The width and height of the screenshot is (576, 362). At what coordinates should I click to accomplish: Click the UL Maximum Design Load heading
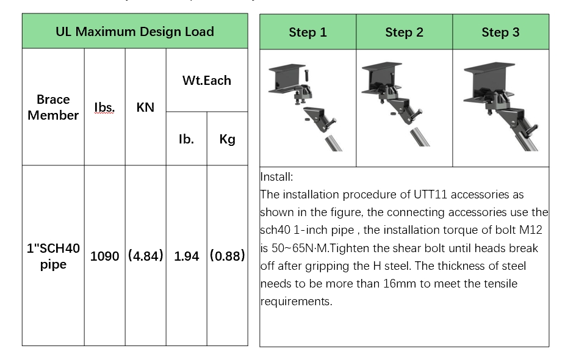tap(135, 32)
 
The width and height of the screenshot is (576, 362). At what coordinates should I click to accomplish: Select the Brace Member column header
tap(53, 107)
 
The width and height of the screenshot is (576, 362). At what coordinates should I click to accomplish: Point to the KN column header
tap(145, 107)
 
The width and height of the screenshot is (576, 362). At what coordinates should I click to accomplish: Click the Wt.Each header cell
tap(207, 81)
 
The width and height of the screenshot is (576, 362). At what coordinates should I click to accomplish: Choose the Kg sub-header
tap(227, 139)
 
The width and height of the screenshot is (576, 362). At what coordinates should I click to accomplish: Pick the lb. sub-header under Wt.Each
tap(186, 139)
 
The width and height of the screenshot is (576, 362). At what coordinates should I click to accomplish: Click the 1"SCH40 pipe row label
tap(53, 256)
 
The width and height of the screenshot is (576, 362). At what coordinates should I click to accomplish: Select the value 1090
tap(104, 256)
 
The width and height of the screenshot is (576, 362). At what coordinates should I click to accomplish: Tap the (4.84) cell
tap(145, 256)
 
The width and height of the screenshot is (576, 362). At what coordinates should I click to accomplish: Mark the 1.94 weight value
tap(186, 256)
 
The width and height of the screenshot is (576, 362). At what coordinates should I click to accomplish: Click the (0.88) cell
tap(227, 256)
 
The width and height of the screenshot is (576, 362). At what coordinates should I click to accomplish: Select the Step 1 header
tap(308, 32)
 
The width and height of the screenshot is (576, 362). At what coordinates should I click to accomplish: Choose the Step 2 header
tap(404, 32)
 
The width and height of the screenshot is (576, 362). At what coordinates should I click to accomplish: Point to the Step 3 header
tap(500, 32)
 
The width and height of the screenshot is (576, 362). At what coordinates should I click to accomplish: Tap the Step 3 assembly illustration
tap(500, 107)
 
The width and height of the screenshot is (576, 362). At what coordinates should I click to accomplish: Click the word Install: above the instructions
tap(277, 177)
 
